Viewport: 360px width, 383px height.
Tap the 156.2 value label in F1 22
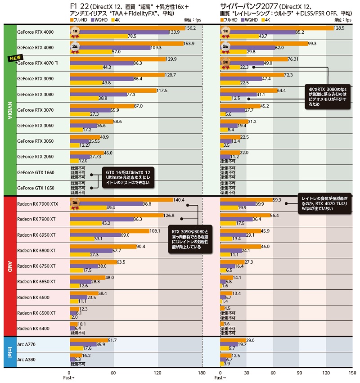pos(191,28)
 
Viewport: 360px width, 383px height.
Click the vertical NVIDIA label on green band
pos(9,110)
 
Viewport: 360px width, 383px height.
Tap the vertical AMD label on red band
pos(9,266)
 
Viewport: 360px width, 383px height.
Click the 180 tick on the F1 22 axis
pos(202,373)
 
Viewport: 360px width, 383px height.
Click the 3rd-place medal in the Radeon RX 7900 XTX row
pos(76,203)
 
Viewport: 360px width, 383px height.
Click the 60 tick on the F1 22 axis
pos(113,373)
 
